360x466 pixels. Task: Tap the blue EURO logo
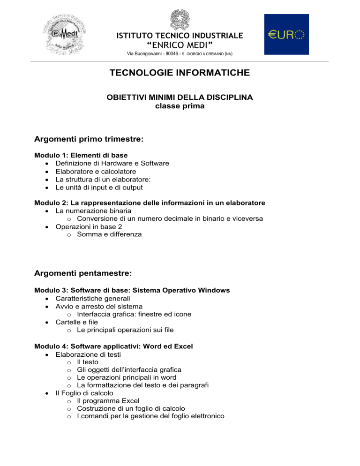point(286,34)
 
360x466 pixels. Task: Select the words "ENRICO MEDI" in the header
point(180,45)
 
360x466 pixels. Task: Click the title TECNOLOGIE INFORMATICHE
point(180,73)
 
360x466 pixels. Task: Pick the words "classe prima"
point(180,106)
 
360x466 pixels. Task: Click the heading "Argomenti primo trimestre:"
point(89,139)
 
